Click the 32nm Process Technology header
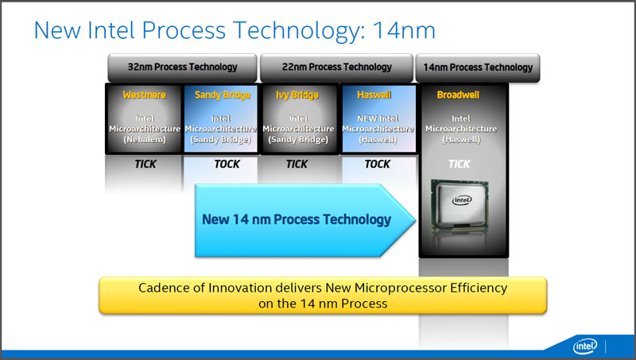tap(183, 68)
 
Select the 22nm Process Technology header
tap(336, 68)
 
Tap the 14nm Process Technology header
tap(478, 68)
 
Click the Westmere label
tap(145, 95)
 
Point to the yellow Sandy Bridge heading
tap(223, 95)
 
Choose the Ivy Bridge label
tap(297, 95)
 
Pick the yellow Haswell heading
tap(374, 95)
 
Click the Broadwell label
tap(458, 95)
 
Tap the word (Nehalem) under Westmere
tap(145, 139)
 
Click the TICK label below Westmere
tap(145, 165)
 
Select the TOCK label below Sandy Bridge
tap(227, 165)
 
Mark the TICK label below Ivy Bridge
tap(297, 165)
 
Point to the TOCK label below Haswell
tap(377, 165)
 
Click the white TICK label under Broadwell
tap(460, 165)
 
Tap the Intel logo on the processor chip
tap(462, 199)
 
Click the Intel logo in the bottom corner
tap(585, 346)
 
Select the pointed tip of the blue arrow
tap(416, 220)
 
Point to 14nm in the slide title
tap(404, 30)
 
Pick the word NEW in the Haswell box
tap(365, 118)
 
